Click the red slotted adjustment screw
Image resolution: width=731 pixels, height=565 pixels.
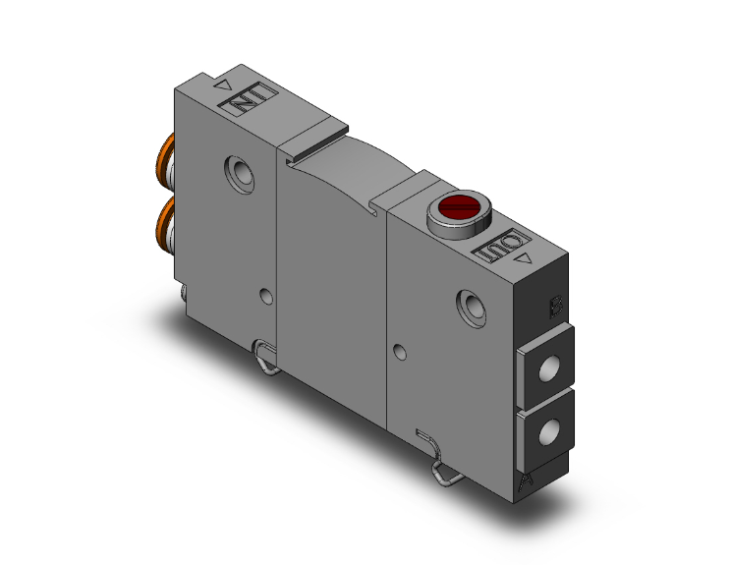click(x=457, y=206)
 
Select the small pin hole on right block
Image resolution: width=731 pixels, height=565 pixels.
click(x=398, y=351)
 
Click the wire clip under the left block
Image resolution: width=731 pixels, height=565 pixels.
click(x=264, y=355)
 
